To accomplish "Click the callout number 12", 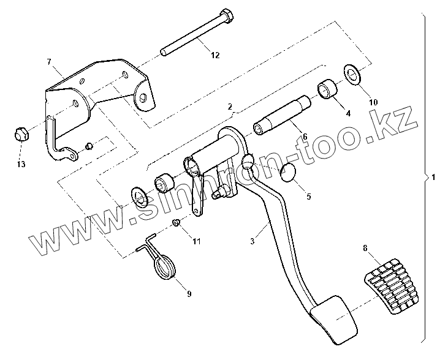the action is (x=215, y=56).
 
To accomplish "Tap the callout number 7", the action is (x=49, y=62).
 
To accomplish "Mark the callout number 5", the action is (x=308, y=197).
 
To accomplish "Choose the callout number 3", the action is (x=252, y=241).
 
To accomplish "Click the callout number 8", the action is (x=365, y=248).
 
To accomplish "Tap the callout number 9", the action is (x=189, y=294).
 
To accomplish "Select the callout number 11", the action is (x=196, y=242).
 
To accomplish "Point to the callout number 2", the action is (x=230, y=107).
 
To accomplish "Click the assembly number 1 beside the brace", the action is (x=433, y=178).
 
